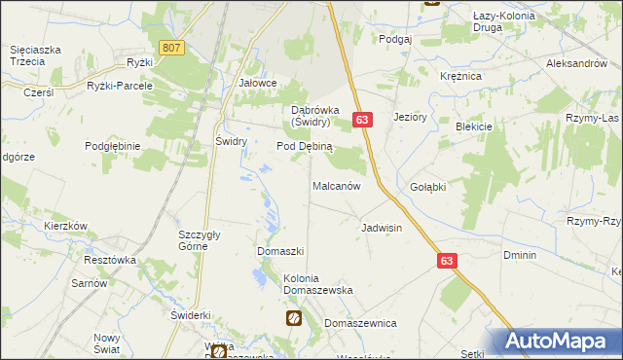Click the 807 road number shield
(172, 47)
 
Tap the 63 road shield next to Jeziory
(361, 119)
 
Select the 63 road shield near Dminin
(447, 261)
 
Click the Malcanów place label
(337, 185)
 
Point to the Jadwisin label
(382, 228)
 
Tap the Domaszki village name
(281, 251)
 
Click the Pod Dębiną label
(305, 146)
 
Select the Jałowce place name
(258, 84)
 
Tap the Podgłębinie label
(113, 145)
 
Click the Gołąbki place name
(427, 187)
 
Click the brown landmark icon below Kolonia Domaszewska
(293, 318)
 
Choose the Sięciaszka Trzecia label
(36, 54)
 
